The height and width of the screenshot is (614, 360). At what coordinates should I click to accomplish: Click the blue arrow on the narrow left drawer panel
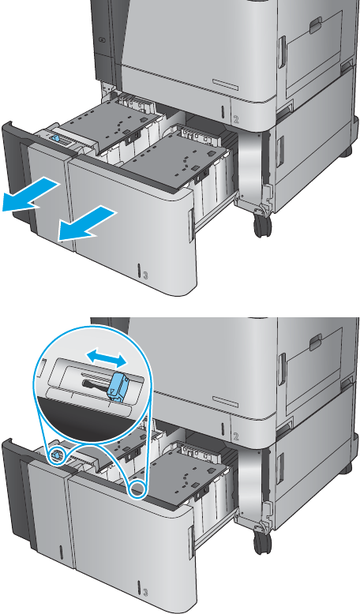click(x=28, y=195)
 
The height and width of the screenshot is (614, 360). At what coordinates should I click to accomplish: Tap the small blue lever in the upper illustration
click(x=54, y=139)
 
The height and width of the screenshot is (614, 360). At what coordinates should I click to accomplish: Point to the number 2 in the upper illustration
click(x=236, y=119)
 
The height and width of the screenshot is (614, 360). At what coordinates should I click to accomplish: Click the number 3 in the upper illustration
click(x=145, y=275)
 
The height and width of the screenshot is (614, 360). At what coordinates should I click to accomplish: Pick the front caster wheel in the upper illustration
click(x=262, y=226)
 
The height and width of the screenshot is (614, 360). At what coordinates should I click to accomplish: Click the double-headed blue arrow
click(x=107, y=358)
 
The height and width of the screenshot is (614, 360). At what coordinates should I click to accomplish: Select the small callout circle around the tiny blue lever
click(x=57, y=456)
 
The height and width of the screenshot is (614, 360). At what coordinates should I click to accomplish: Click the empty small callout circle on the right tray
click(x=138, y=489)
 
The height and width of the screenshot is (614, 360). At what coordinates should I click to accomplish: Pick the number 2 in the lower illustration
click(x=236, y=436)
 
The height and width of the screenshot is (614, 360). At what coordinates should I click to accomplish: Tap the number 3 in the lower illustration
click(x=145, y=591)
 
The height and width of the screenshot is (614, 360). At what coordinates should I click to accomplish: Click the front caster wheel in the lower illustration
click(x=262, y=543)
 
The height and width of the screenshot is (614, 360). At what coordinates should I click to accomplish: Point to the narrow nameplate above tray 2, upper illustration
click(x=226, y=84)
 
